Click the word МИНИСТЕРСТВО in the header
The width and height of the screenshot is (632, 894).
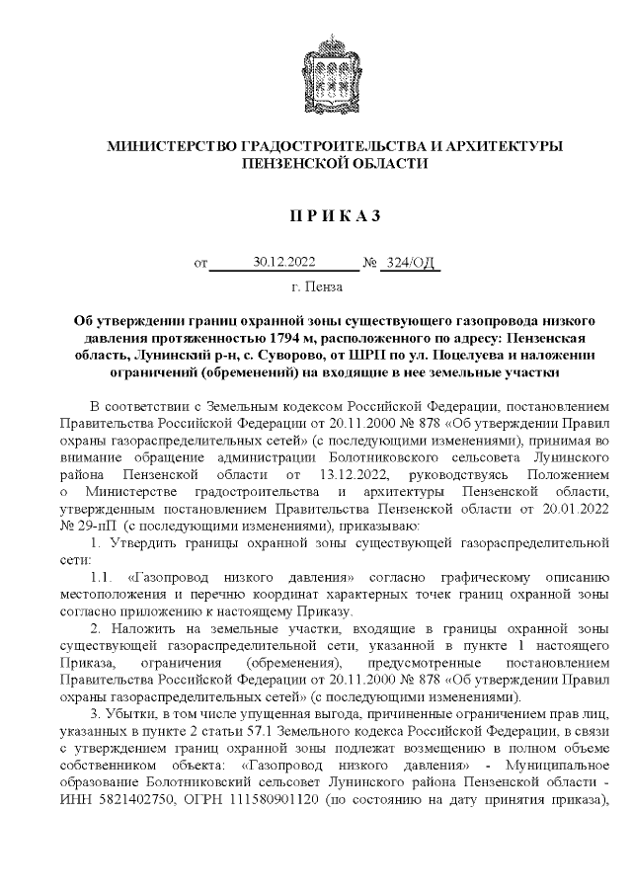pos(171,146)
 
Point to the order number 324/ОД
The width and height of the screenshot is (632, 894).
pos(409,263)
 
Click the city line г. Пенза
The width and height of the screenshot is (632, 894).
pos(317,288)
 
